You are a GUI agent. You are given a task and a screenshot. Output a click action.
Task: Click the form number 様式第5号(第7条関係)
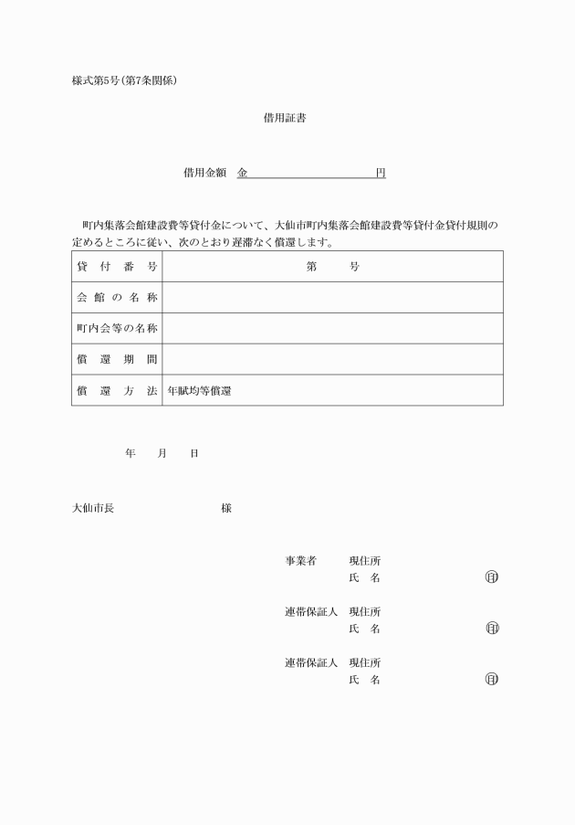[124, 80]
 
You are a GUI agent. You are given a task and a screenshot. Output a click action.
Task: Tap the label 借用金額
[204, 173]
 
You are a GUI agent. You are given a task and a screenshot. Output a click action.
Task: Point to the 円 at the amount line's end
[381, 173]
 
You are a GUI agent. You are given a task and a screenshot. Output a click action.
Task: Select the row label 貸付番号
[117, 267]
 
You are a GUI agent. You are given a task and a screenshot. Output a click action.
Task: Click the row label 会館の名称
[117, 298]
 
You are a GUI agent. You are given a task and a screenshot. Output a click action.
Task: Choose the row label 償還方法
[117, 391]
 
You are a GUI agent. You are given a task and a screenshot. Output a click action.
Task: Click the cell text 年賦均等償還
[199, 391]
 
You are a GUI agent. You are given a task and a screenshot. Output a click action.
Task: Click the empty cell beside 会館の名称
[332, 298]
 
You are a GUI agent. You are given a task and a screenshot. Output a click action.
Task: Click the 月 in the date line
[162, 453]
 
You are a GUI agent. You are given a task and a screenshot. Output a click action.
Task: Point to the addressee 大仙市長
[93, 508]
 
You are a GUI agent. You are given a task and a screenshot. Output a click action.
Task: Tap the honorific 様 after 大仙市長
[226, 508]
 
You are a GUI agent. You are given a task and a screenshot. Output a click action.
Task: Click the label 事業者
[300, 561]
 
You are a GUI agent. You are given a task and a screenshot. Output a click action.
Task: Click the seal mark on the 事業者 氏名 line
[492, 577]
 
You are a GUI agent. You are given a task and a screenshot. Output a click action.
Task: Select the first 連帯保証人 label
[311, 612]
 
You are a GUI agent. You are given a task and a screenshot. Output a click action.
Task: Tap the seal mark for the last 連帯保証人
[492, 680]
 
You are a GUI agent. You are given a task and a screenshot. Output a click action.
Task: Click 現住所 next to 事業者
[365, 561]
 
